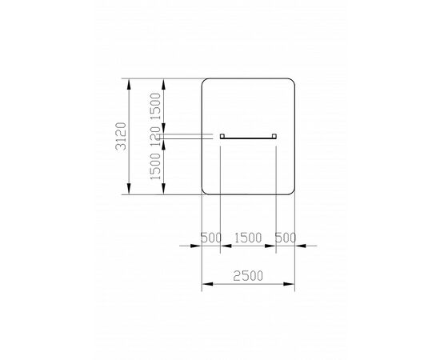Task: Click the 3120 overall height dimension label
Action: point(121,136)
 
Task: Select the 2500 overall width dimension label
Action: point(248,276)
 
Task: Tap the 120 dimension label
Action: point(155,136)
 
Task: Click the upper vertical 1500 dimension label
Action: point(155,106)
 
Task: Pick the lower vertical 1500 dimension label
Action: point(155,166)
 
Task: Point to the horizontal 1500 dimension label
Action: point(248,238)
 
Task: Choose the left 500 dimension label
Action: point(211,238)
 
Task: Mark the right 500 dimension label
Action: point(286,238)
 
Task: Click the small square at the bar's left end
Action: point(222,136)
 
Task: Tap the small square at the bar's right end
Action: point(274,136)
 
